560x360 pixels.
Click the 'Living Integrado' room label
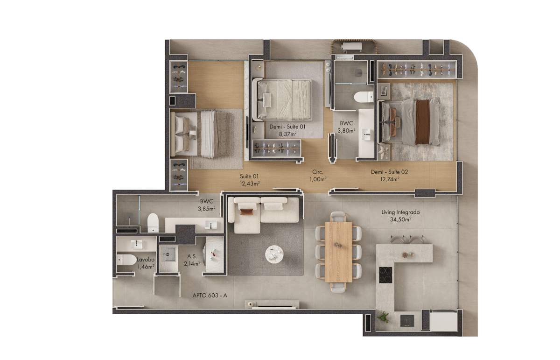pos(400,212)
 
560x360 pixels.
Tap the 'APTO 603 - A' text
pos(210,296)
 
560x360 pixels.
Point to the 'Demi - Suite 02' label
pos(389,172)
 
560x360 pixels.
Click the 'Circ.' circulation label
pos(317,172)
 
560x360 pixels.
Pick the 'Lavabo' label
pos(146,260)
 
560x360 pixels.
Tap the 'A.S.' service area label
pos(192,256)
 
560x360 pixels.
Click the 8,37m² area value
pos(288,134)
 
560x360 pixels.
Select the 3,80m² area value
pos(346,130)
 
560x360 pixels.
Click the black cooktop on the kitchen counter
pos(385,275)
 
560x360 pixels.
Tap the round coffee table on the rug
pos(274,254)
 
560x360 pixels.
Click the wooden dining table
pos(338,252)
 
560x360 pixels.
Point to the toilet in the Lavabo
pos(127,260)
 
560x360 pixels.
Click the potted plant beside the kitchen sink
pos(383,317)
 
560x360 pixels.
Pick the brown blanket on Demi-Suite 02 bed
pos(423,121)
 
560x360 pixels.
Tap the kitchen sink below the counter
pos(407,321)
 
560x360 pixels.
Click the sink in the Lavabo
pos(136,244)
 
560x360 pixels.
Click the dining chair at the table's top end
pos(338,217)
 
